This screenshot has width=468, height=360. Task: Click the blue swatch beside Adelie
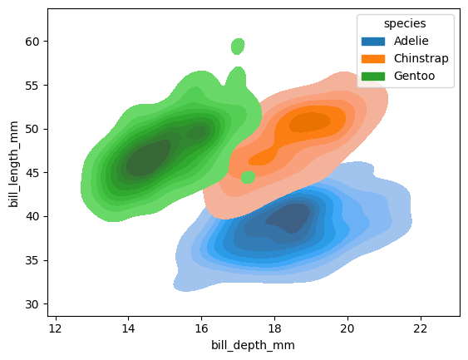374,41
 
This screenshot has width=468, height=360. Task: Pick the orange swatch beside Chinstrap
374,58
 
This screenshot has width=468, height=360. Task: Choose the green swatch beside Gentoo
374,76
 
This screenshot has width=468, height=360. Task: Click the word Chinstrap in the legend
421,58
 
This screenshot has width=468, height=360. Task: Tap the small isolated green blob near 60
238,46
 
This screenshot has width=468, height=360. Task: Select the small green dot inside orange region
248,177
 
